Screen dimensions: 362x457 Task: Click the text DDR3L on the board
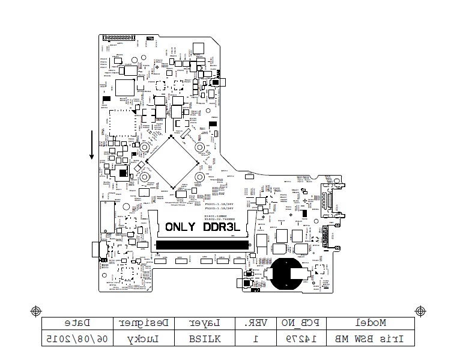click(x=222, y=227)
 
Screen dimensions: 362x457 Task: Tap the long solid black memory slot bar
click(x=202, y=245)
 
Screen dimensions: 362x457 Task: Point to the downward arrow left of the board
click(x=92, y=145)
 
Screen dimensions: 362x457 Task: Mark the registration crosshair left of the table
click(x=36, y=311)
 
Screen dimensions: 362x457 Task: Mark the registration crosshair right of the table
click(x=420, y=311)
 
